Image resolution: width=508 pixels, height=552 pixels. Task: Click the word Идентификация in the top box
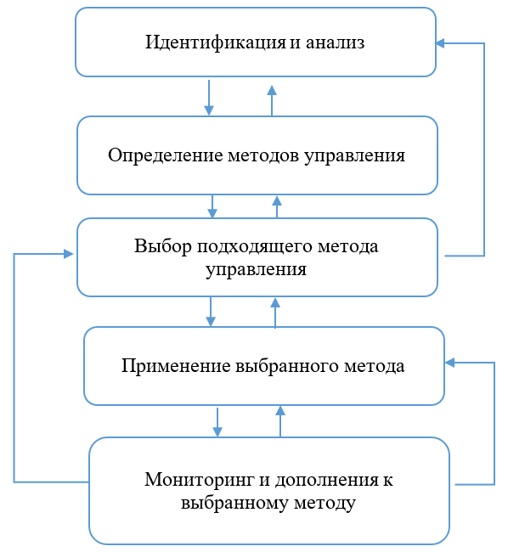(216, 42)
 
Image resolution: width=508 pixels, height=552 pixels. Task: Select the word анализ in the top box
(335, 43)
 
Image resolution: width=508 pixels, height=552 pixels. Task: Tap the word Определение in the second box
(166, 155)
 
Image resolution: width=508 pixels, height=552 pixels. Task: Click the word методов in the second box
(263, 155)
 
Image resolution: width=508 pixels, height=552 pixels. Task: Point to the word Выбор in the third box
(163, 246)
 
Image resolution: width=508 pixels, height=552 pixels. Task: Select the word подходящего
(255, 247)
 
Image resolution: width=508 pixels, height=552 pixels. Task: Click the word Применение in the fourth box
(176, 366)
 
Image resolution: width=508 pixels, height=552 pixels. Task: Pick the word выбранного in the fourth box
(287, 365)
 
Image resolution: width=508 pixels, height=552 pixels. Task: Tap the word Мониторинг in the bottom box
(200, 480)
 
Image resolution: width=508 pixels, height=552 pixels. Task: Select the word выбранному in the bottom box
(234, 503)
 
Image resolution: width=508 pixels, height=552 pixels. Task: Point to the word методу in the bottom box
(325, 504)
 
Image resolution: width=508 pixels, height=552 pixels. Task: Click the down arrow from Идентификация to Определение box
(209, 98)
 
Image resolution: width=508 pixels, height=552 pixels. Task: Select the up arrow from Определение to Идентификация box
(272, 101)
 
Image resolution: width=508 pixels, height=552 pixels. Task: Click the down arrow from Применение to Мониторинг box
(217, 422)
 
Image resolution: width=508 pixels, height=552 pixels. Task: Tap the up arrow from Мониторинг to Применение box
(280, 421)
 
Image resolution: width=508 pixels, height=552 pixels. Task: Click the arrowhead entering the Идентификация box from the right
(440, 43)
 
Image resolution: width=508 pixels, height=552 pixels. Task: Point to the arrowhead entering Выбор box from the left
(68, 254)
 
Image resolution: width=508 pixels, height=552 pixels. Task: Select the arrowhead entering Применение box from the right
(450, 363)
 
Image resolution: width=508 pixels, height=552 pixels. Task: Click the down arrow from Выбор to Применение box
(211, 312)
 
